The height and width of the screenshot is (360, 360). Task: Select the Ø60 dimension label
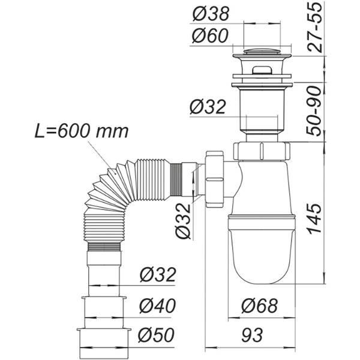coord(210,35)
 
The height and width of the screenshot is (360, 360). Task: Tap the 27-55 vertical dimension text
coord(314,28)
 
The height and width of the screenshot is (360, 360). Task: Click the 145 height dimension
coord(315,218)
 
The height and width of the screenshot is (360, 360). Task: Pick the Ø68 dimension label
coord(259,306)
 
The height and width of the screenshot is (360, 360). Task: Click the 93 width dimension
coord(251,335)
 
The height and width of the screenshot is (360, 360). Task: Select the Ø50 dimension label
coord(157,335)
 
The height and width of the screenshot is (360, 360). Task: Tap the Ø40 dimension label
coord(157,305)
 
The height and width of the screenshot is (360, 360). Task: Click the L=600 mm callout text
coord(82,131)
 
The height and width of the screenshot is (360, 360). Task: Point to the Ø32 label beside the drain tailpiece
coord(208,107)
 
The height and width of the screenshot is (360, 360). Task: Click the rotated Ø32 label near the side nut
coord(183,221)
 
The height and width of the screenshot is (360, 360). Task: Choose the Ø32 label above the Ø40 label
coord(158,275)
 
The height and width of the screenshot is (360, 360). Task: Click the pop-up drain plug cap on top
coord(262,50)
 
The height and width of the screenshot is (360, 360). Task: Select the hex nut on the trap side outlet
coord(214,179)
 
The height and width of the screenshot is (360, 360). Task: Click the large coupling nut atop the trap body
coord(262,151)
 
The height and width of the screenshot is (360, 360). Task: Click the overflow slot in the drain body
coord(262,70)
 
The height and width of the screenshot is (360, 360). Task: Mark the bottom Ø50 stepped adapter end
coord(104,343)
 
